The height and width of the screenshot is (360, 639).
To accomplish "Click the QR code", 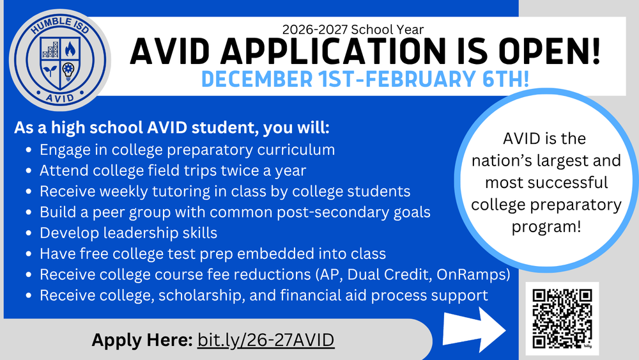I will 562,317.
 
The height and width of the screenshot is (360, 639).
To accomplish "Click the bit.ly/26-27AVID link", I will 266,340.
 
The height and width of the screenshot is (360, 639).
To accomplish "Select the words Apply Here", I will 142,340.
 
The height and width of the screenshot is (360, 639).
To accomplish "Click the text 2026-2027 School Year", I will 352,28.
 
